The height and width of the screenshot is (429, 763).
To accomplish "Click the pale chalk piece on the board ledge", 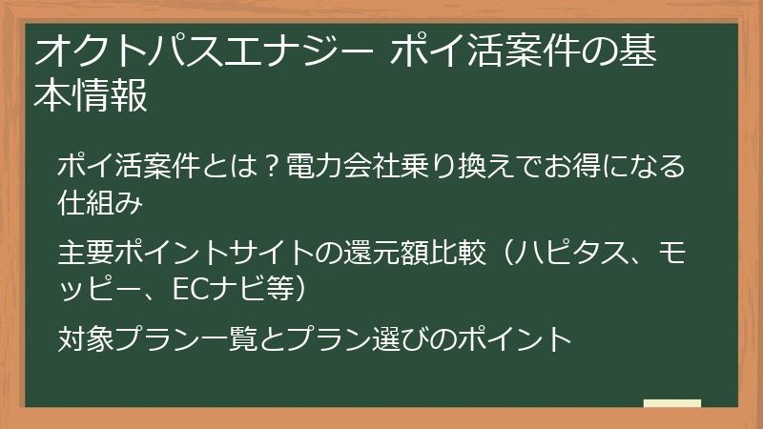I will pyautogui.click(x=671, y=403).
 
